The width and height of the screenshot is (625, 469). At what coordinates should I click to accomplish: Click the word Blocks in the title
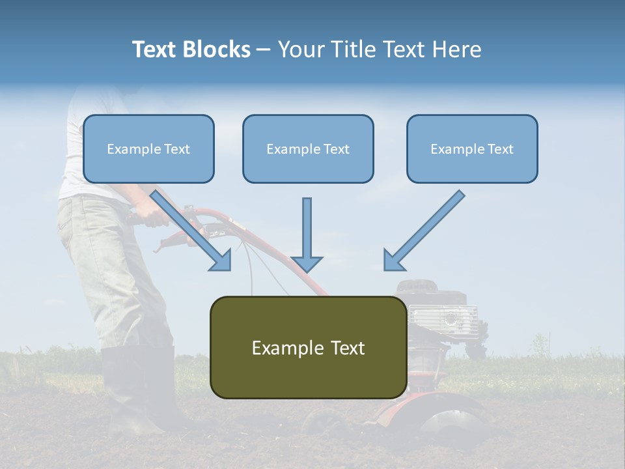pos(215,50)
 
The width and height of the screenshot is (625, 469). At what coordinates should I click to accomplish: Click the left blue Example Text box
pos(148,149)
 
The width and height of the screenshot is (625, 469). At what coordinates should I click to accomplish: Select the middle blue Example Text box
pos(308,149)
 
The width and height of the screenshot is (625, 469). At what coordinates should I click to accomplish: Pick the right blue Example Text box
pos(472,149)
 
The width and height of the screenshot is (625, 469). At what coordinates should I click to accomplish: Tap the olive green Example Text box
pos(308,347)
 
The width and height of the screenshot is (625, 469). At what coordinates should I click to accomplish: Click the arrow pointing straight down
pos(307,234)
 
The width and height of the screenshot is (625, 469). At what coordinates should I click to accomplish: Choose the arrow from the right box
pos(424,231)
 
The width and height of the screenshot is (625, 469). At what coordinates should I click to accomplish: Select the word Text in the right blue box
pos(500,149)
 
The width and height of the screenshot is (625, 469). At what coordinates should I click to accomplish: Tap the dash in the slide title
pos(264,50)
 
